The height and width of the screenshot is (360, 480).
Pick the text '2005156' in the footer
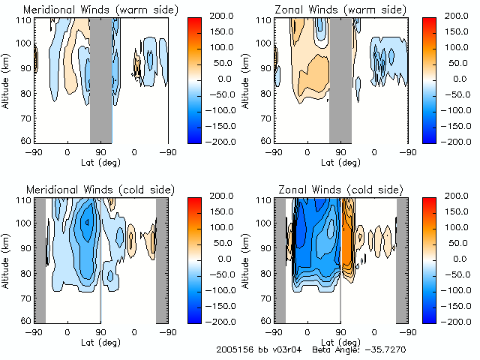click(233, 350)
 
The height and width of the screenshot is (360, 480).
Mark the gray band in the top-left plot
click(100, 79)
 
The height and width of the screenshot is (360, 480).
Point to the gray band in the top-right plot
click(340, 79)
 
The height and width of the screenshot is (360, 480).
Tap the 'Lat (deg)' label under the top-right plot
click(340, 160)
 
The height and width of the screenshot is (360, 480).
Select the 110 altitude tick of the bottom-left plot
click(25, 200)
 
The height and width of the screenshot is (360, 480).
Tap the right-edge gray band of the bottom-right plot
click(401, 259)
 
